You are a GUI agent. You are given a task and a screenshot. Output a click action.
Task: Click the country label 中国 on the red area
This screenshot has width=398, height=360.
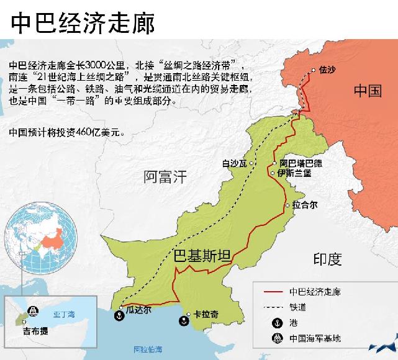pos(368,91)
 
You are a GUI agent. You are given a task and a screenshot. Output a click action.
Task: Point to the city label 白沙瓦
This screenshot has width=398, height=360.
pos(234,164)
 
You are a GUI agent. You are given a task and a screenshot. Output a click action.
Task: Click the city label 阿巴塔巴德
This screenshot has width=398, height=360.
pos(301,163)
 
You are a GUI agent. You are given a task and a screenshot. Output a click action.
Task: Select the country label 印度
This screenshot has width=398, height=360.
pos(327,259)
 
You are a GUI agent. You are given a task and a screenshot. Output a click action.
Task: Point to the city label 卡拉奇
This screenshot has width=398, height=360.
pos(206,314)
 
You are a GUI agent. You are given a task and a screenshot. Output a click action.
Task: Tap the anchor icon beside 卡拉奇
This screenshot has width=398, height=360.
pos(184,321)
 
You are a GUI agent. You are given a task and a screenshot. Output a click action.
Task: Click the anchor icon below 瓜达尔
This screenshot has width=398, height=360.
pos(115,315)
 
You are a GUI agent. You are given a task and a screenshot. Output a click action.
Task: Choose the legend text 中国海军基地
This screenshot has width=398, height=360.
pos(315,338)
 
